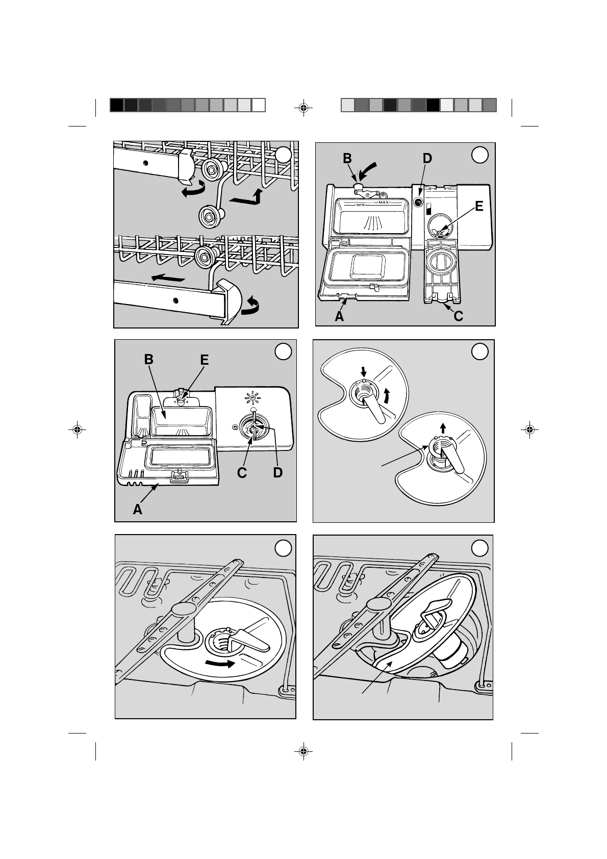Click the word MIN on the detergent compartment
[360, 205]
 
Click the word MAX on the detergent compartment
[384, 202]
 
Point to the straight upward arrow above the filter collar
[443, 427]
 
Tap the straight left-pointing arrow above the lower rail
[168, 277]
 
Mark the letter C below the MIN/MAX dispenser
[458, 316]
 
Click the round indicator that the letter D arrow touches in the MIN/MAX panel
[419, 201]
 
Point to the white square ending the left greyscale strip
[259, 105]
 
